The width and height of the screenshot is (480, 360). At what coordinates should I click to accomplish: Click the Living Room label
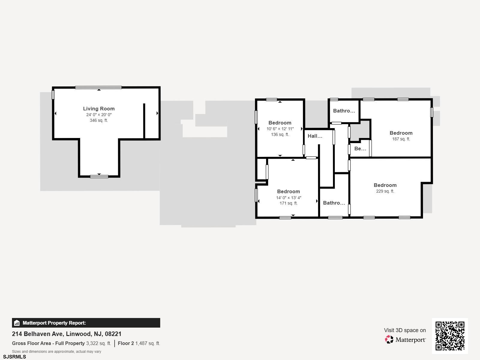99,109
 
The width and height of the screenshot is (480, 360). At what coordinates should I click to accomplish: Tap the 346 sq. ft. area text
99,120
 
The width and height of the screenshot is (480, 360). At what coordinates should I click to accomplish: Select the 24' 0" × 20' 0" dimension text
99,115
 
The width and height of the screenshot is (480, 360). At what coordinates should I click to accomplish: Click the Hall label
315,136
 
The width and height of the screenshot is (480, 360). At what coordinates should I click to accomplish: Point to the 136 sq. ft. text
280,135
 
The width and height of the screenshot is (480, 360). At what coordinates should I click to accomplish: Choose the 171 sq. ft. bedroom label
288,191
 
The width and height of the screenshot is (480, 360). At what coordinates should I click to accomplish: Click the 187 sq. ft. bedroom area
401,139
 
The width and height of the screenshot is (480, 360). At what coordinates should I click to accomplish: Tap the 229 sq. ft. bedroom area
385,191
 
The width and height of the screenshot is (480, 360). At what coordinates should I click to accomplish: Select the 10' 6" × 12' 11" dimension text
280,129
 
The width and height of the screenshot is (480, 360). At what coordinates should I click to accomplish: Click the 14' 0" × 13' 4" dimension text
288,198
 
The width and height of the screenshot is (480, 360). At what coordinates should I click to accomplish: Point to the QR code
450,336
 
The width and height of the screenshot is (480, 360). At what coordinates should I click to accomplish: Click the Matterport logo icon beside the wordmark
389,340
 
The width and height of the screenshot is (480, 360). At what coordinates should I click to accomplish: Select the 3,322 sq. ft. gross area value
99,343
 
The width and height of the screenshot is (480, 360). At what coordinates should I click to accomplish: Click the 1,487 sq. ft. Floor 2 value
148,343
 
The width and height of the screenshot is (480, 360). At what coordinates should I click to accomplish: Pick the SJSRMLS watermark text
14,357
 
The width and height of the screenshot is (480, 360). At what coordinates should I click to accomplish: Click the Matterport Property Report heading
54,323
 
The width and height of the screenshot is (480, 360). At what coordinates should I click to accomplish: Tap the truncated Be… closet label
360,148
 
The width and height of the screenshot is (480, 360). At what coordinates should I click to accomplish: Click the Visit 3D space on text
405,330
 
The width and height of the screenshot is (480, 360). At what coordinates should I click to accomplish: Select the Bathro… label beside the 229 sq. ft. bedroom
334,203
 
